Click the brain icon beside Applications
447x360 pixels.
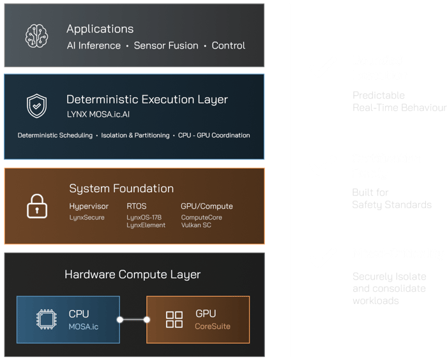coord(36,36)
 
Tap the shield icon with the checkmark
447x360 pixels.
coord(36,106)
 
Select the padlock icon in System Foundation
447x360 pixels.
coord(36,206)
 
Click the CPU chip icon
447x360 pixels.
coord(47,320)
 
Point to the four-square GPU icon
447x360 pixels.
coord(174,320)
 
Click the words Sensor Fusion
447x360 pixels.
coord(166,46)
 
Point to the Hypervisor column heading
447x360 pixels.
coord(89,206)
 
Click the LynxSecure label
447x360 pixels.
coord(86,218)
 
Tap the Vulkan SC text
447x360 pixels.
coord(197,225)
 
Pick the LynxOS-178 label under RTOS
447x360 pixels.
coord(144,218)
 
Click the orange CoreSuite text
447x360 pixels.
coord(213,326)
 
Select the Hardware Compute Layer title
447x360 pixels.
coord(132,274)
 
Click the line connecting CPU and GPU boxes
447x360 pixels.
coord(133,320)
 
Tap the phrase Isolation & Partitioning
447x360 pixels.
coord(135,135)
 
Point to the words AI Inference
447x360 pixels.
coord(93,46)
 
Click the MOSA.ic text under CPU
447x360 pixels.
coord(83,326)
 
